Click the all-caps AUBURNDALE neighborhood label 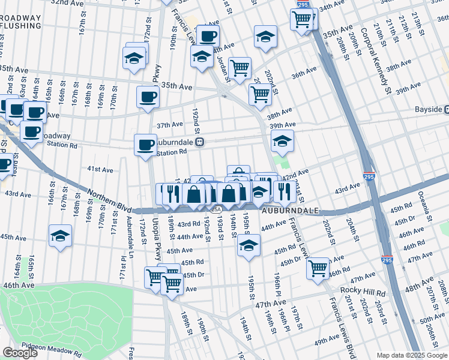pyautogui.click(x=291, y=212)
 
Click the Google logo pyautogui.click(x=20, y=352)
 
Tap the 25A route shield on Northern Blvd pyautogui.click(x=216, y=209)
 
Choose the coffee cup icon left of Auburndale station pyautogui.click(x=145, y=145)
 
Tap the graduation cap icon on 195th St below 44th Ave pyautogui.click(x=249, y=245)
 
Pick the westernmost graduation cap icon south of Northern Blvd pyautogui.click(x=60, y=235)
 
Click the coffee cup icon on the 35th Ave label pyautogui.click(x=148, y=96)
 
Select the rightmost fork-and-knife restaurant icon pyautogui.click(x=282, y=191)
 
